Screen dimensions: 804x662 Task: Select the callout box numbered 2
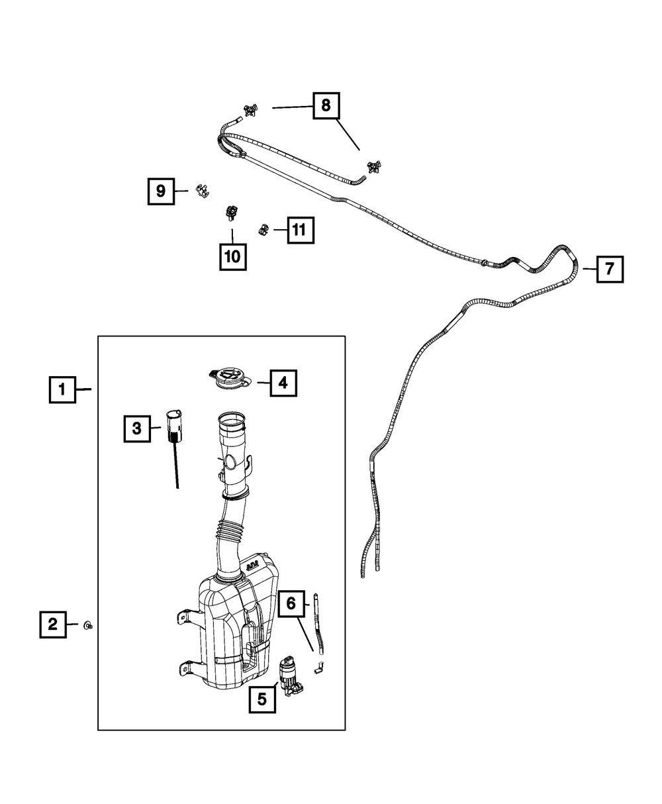[53, 623]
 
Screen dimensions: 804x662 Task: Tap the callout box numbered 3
[137, 428]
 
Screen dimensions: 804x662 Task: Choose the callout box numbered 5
[263, 699]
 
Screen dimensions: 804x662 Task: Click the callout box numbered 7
[609, 269]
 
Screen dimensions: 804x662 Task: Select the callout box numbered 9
[161, 191]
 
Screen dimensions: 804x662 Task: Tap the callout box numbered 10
[232, 256]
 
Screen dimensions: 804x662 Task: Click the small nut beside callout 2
[87, 624]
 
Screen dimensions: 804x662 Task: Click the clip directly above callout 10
[232, 211]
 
